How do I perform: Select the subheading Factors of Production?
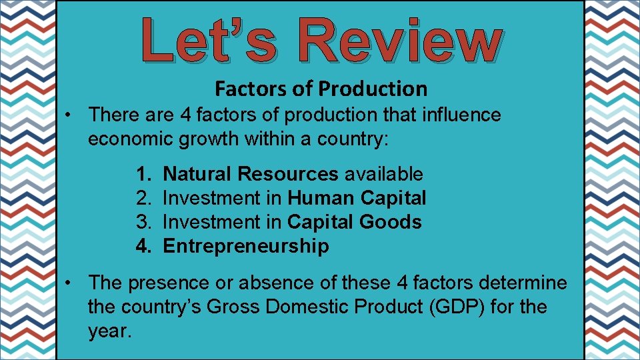click(x=321, y=88)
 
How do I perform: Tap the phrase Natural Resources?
click(x=251, y=174)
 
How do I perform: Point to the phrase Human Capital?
click(x=357, y=198)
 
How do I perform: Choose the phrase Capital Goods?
click(x=355, y=222)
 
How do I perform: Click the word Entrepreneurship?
click(x=246, y=246)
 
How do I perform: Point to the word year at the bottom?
click(x=108, y=331)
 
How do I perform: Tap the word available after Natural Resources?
click(x=383, y=174)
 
